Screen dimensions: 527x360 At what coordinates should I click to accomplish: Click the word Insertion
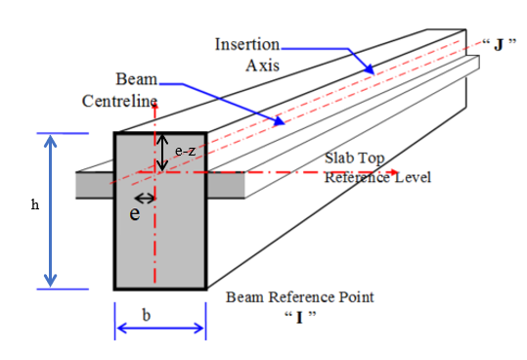[247, 44]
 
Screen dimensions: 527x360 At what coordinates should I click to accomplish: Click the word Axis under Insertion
[262, 66]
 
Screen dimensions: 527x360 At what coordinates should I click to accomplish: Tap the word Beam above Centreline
[137, 79]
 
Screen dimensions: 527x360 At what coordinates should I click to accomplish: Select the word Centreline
[119, 101]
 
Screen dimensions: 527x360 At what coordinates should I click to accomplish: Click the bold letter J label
[499, 45]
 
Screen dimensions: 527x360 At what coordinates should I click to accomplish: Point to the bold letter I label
[299, 318]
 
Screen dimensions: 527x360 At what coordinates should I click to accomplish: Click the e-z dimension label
[185, 151]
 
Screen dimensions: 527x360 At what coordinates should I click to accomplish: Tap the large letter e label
[135, 213]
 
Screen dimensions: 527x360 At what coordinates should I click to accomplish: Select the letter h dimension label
[35, 204]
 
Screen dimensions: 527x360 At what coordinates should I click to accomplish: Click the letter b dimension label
[147, 315]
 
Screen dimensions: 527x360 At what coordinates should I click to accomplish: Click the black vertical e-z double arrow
[162, 153]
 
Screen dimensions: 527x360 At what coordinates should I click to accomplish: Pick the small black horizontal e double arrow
[145, 199]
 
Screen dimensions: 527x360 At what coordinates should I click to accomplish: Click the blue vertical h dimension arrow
[51, 211]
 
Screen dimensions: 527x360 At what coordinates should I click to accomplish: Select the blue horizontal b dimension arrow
[160, 328]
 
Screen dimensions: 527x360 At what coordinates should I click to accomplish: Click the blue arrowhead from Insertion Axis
[369, 68]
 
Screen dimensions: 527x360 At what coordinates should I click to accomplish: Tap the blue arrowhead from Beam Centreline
[279, 121]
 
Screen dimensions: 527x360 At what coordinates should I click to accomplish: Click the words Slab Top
[354, 157]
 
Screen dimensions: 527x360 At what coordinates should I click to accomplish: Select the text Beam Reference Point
[300, 297]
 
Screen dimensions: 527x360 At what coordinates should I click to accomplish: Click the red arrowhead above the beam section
[154, 107]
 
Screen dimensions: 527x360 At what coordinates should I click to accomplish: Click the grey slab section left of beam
[95, 185]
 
